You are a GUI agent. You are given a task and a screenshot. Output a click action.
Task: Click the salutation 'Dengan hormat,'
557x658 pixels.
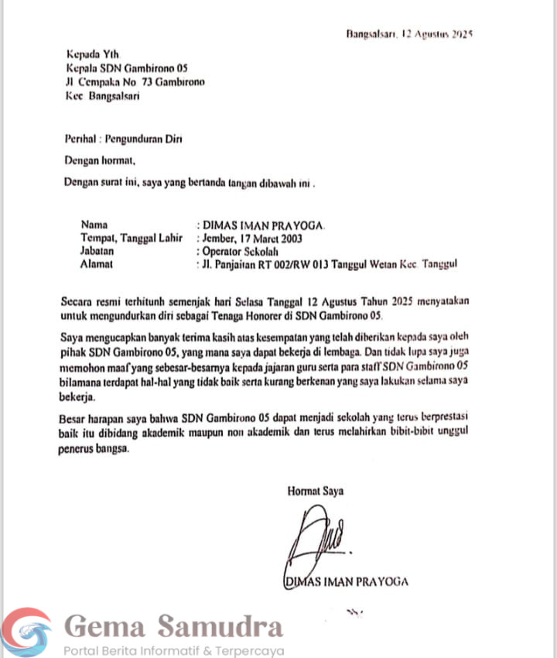pos(100,161)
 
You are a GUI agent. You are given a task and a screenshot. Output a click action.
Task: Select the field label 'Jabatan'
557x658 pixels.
pos(97,252)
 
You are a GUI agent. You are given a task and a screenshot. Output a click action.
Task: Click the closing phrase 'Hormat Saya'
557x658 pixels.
pos(316,491)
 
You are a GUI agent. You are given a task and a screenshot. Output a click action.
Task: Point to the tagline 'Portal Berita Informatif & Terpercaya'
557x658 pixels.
pos(174,651)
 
